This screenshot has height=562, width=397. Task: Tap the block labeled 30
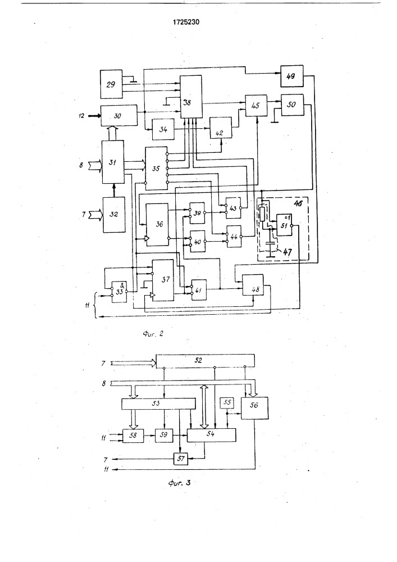pos(119,115)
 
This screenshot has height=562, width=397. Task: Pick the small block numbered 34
pos(162,130)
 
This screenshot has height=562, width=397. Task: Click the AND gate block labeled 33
pos(119,291)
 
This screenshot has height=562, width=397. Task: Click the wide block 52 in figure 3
pos(204,360)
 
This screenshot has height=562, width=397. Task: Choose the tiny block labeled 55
pos(227,403)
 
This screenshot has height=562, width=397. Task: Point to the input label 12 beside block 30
pos(81,115)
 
